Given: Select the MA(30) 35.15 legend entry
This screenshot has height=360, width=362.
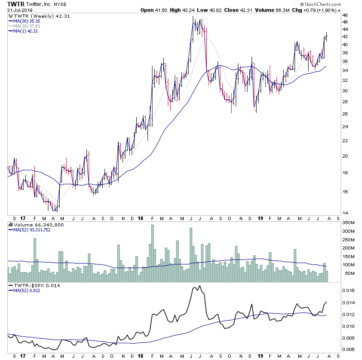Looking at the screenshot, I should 27,21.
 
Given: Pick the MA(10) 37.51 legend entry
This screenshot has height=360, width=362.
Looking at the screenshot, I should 27,26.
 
